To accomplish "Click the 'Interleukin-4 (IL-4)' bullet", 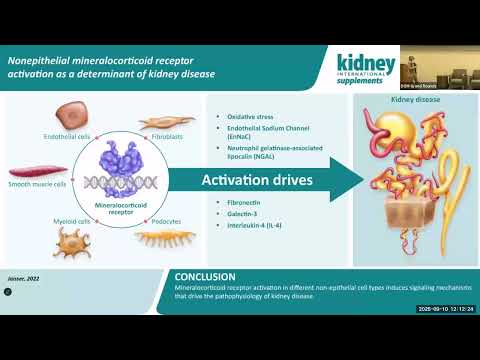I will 254,225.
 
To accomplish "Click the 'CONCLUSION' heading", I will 205,277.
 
